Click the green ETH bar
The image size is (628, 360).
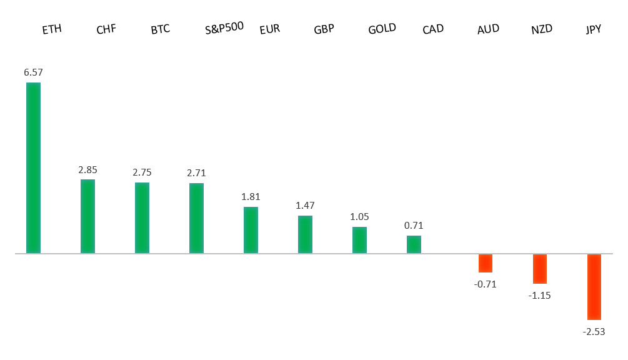pos(33,167)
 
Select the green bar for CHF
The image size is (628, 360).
pos(87,216)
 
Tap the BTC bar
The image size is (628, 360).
pos(142,217)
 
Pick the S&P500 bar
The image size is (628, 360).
pos(196,218)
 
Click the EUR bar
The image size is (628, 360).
pos(251,230)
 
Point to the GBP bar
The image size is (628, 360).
pos(305,234)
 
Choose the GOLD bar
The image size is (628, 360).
pos(359,240)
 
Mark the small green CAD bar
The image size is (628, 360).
pos(414,244)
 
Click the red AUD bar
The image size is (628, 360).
pos(486,263)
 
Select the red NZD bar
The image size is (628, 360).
pos(540,269)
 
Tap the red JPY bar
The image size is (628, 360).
pos(594,287)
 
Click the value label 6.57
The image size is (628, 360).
pos(33,72)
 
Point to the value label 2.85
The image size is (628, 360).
pos(87,169)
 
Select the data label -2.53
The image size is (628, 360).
pos(594,331)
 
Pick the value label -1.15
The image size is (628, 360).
pos(540,295)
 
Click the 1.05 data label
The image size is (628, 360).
pos(359,217)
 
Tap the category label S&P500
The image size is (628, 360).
pos(224,28)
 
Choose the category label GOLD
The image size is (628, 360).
pos(382,29)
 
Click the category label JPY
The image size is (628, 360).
pos(593,29)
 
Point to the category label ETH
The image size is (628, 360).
pos(52,29)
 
